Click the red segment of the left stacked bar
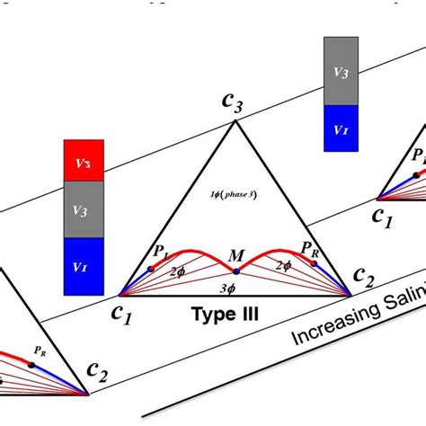coord(84,159)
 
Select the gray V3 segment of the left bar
coord(84,209)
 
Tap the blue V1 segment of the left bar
coord(84,266)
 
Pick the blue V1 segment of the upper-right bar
coord(341,128)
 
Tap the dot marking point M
coord(235,268)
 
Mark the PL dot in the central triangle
coord(150,269)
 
